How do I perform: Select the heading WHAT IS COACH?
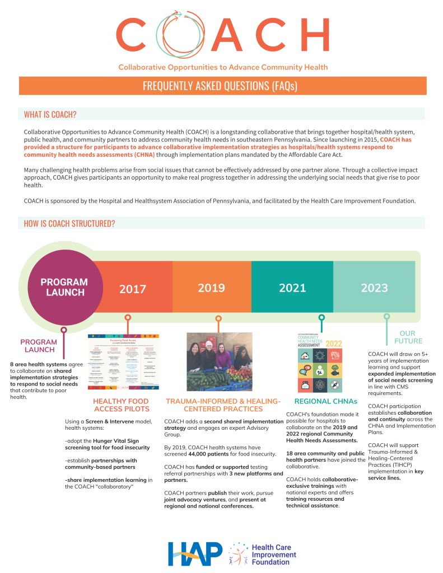click(50, 115)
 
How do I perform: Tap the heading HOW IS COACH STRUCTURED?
click(69, 223)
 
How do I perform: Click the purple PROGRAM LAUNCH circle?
click(63, 287)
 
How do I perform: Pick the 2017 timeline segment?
click(133, 289)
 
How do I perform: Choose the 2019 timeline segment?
click(212, 288)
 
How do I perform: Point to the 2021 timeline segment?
click(292, 288)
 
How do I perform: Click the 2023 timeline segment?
click(374, 288)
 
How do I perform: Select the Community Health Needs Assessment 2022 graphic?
click(321, 362)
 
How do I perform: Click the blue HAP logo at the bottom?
click(194, 553)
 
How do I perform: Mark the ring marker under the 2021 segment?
click(321, 317)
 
